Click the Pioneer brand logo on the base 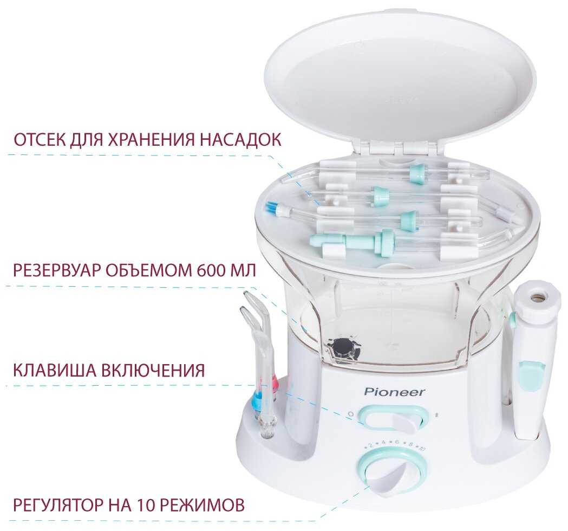coord(394,392)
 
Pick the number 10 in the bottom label coord(146,505)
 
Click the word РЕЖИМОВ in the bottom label coord(202,505)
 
